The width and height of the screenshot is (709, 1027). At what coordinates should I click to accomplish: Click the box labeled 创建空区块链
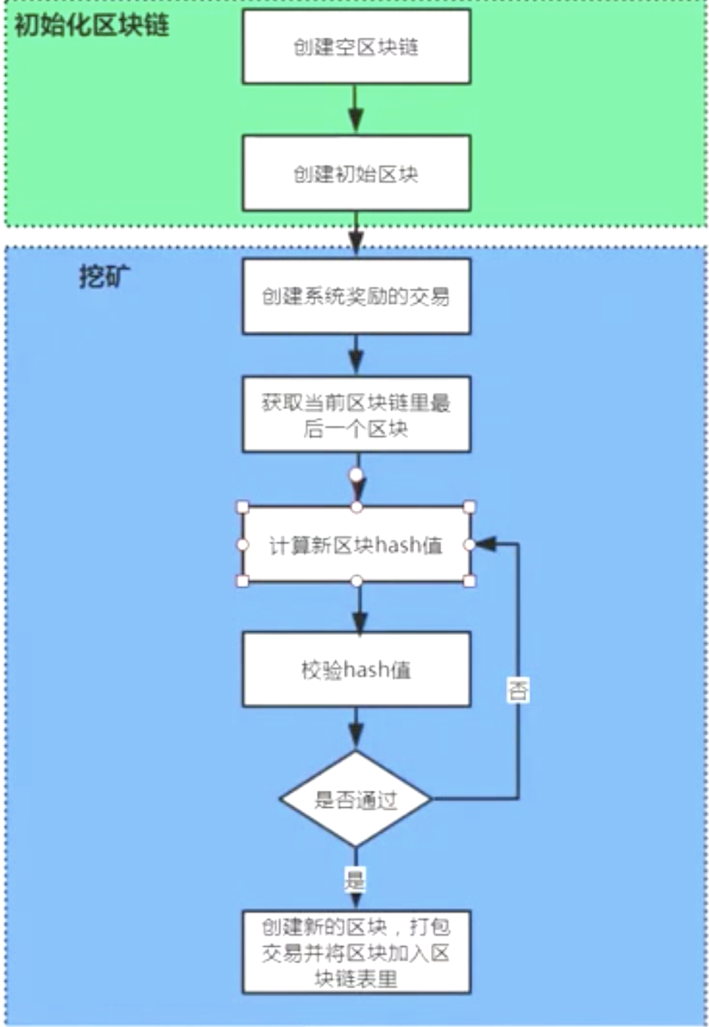[x=356, y=47]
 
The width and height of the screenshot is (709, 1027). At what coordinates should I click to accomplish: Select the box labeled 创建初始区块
[x=356, y=174]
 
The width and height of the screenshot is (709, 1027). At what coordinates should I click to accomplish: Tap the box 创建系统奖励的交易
[x=356, y=296]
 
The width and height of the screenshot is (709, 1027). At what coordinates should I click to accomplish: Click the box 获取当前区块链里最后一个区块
[x=356, y=415]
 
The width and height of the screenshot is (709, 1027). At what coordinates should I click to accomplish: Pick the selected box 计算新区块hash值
[x=356, y=545]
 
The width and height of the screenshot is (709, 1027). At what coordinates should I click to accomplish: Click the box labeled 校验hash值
[x=356, y=669]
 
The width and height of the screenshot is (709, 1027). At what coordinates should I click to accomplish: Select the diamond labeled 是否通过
[x=356, y=800]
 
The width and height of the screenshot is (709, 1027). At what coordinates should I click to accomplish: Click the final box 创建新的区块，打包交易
[x=356, y=953]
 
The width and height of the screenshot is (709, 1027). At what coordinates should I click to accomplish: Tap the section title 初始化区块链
[x=92, y=26]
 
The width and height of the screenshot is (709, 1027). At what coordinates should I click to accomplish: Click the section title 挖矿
[x=104, y=277]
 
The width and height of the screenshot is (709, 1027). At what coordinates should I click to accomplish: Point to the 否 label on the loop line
[x=518, y=690]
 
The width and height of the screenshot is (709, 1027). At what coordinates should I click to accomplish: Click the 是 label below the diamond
[x=355, y=879]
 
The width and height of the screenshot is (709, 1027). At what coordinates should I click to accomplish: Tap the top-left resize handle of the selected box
[x=243, y=507]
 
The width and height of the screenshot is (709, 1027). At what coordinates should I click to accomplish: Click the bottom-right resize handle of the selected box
[x=469, y=581]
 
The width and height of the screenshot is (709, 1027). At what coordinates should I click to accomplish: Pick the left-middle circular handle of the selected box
[x=243, y=544]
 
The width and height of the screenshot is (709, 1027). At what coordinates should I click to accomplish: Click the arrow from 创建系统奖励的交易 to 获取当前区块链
[x=356, y=355]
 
